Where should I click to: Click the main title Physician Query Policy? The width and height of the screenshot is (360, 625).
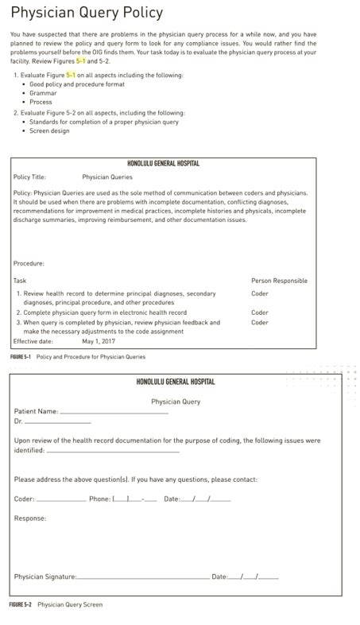(87, 14)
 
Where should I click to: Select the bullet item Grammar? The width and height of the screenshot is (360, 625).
(43, 93)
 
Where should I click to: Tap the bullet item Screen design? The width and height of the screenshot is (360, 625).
(49, 131)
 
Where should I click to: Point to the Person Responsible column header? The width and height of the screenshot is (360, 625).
(279, 281)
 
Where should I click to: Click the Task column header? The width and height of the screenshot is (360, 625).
(20, 281)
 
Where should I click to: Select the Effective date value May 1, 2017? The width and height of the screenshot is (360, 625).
(99, 341)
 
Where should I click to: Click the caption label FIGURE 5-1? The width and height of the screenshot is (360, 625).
(20, 357)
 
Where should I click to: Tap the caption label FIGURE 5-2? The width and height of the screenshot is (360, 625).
(21, 604)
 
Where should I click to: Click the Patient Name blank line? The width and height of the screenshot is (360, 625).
(114, 413)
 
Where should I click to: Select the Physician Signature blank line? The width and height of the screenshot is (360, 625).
(143, 578)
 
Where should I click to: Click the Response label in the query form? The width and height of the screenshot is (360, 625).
(30, 518)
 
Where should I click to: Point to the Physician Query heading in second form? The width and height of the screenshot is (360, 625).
(176, 402)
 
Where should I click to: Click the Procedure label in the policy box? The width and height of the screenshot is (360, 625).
(29, 263)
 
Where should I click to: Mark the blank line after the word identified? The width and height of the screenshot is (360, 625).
(113, 452)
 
